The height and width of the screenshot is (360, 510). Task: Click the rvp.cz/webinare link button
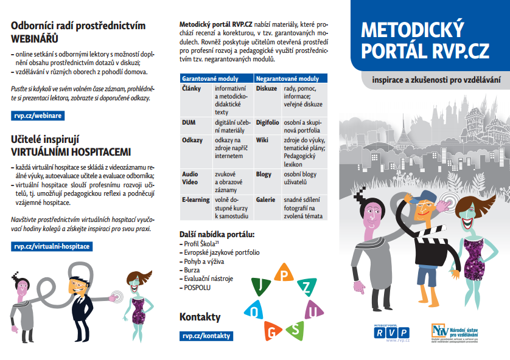[37, 115]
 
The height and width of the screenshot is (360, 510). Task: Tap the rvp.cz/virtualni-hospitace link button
[51, 246]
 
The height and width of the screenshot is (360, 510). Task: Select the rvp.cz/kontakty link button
[206, 335]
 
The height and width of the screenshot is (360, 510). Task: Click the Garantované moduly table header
[211, 78]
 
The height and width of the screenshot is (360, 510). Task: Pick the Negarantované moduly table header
[287, 78]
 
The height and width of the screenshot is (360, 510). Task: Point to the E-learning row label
[195, 199]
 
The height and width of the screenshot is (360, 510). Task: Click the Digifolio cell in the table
[267, 122]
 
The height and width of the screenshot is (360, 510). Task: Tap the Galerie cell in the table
[265, 199]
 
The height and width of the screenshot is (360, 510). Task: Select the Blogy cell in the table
[264, 174]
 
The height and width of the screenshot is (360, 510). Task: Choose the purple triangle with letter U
[313, 311]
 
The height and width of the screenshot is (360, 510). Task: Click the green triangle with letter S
[294, 330]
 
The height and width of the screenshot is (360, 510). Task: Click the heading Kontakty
[200, 317]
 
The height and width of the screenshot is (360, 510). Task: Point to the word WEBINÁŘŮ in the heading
[35, 38]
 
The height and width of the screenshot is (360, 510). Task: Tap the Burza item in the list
[192, 269]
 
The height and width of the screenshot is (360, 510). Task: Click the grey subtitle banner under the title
[432, 80]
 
